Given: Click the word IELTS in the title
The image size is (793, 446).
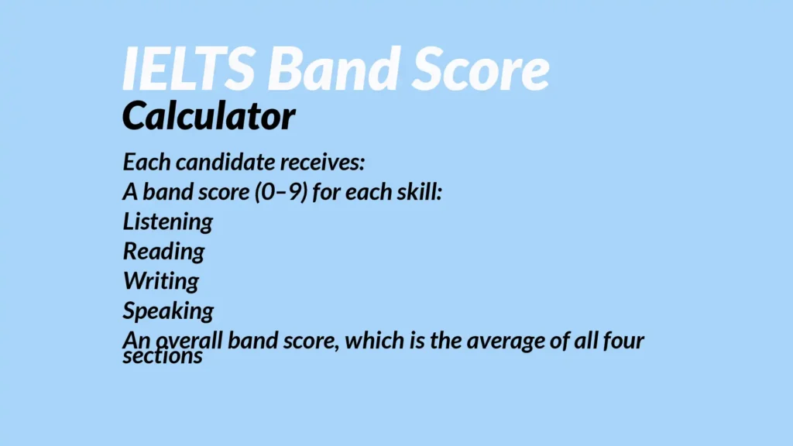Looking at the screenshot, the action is click(x=189, y=68).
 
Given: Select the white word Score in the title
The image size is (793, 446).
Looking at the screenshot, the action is click(x=480, y=68).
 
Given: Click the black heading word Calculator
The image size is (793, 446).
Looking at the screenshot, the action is click(x=208, y=116).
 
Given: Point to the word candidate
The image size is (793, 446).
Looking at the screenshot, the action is click(x=225, y=163).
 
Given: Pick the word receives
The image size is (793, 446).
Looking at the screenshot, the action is click(x=322, y=163).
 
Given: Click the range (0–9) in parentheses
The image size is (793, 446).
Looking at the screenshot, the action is click(x=281, y=192).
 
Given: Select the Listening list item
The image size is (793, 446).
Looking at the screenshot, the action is click(x=168, y=222).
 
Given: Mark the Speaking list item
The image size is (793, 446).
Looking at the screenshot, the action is click(x=168, y=311).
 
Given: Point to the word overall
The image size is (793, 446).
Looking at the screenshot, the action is click(x=189, y=341).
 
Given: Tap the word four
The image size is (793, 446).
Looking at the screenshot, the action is click(x=623, y=341).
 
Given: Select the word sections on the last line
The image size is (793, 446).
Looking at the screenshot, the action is click(x=163, y=355).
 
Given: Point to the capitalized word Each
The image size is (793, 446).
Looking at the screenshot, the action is click(x=146, y=163).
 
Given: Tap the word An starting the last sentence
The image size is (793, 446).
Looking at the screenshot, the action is click(x=136, y=340).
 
